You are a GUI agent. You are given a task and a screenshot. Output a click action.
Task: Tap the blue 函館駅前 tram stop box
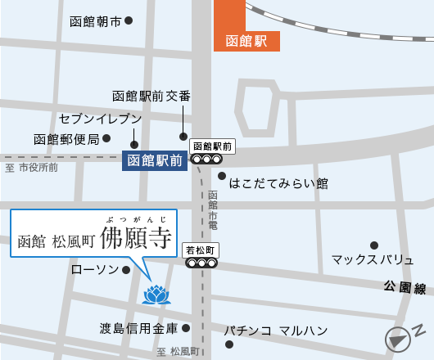[x=154, y=160]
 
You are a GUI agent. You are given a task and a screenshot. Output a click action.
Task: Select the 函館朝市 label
[x=95, y=21]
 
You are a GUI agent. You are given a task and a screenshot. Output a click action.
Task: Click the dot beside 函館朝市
[x=129, y=20]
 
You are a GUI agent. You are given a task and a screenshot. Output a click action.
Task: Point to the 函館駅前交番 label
[x=151, y=97]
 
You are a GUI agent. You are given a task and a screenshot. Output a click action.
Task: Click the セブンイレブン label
[x=100, y=119]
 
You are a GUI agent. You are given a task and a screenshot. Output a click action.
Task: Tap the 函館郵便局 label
[x=66, y=139]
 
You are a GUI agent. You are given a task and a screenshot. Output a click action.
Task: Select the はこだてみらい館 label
[x=278, y=182]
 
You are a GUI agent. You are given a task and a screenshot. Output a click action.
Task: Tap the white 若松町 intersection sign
[x=200, y=250]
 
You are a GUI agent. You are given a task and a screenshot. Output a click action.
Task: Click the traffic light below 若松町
[x=201, y=263]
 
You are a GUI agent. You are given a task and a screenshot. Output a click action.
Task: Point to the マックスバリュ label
[x=373, y=259]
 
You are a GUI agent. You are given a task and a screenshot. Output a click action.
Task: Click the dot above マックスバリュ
[x=374, y=245]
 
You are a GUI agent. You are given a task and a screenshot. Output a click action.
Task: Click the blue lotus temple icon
[x=154, y=295]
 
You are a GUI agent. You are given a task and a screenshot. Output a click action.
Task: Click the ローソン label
[x=95, y=269]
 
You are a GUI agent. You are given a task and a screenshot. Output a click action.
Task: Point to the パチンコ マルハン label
[x=276, y=331]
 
